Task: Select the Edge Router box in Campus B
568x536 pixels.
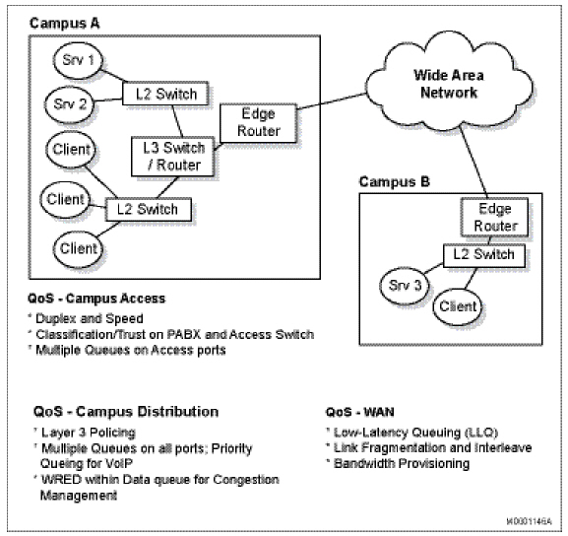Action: click(x=489, y=217)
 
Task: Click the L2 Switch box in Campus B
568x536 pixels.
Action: click(x=478, y=254)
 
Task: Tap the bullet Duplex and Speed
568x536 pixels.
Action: click(x=90, y=318)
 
